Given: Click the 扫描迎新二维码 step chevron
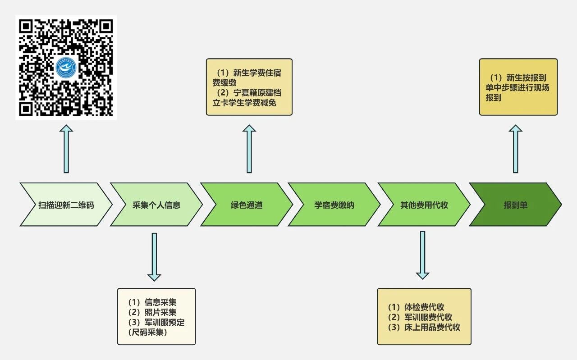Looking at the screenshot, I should coord(66,205).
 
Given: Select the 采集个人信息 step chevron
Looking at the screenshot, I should coord(156,205).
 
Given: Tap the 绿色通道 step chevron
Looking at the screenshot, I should coord(246,205).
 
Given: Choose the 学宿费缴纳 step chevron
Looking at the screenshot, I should coord(334,205).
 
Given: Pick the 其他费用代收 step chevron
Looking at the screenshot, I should coord(424,205).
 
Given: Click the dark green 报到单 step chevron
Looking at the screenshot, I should coord(515,205).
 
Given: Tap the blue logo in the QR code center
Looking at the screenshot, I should coord(66,67).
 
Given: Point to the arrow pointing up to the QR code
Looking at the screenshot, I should coord(66,149).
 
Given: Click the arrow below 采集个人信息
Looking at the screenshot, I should coord(154,256).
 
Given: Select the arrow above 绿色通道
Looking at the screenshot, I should coord(249,149).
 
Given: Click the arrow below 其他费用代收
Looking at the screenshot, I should coord(422,255).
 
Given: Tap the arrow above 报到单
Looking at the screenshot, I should coord(515,149).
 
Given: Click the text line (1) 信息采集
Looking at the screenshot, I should coord(152,302).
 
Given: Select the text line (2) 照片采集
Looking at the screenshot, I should coord(152,312).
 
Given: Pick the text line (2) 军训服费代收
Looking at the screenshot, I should coord(420,317).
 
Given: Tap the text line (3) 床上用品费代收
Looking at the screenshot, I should coord(424,328).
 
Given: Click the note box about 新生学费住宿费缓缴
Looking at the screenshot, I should coord(249,87).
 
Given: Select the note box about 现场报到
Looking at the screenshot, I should coord(518,87).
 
